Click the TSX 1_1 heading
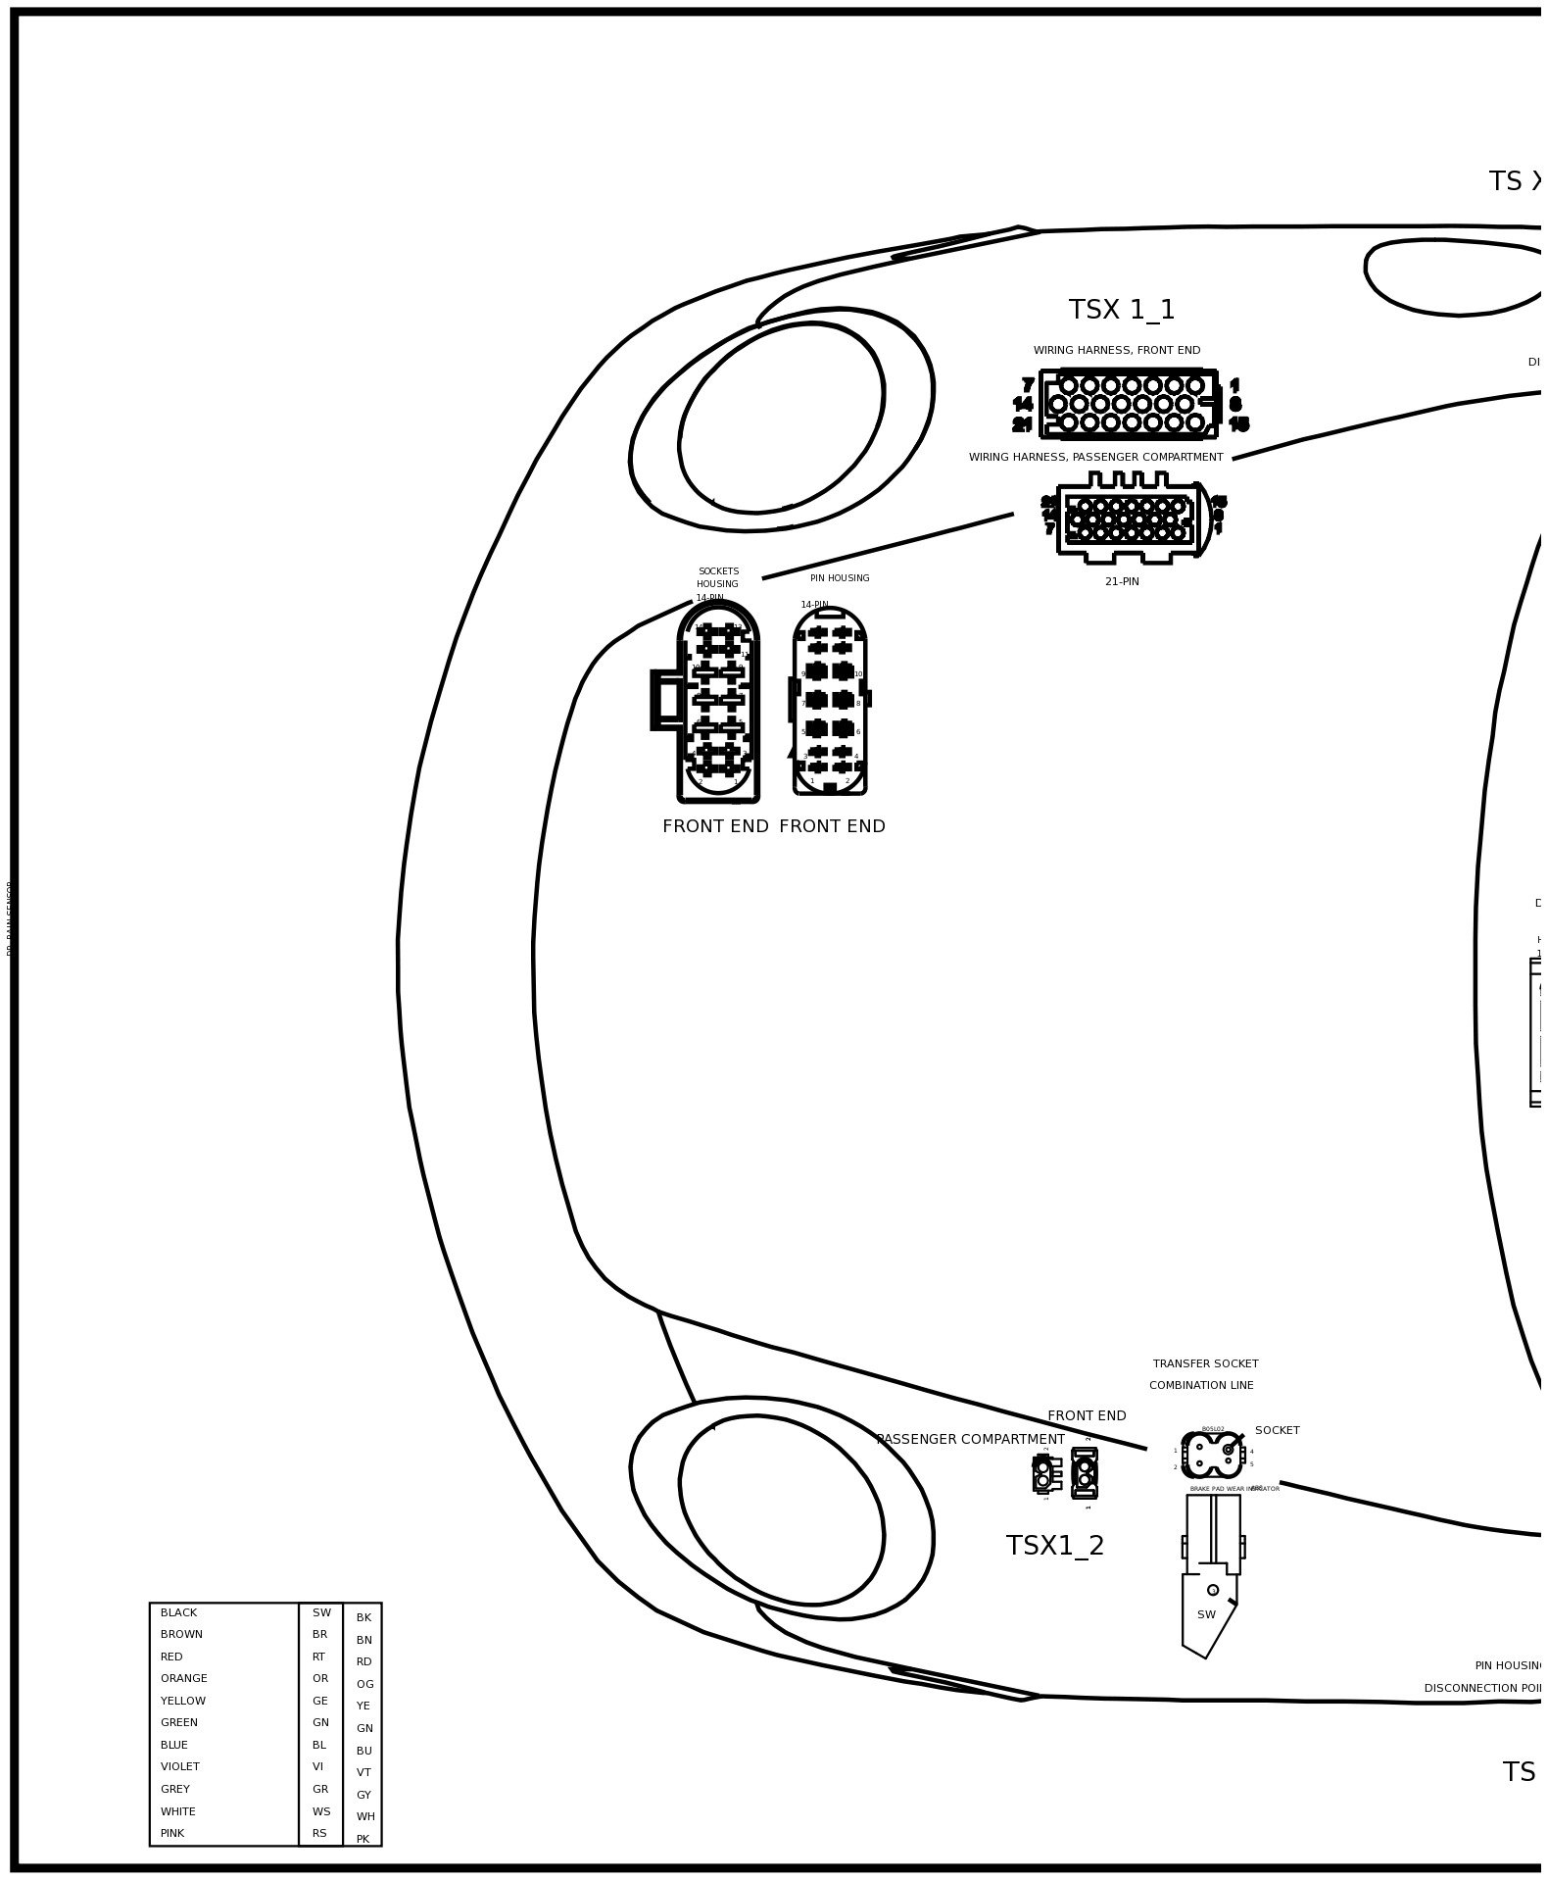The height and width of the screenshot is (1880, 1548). (1121, 311)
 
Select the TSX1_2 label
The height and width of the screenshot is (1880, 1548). (1054, 1546)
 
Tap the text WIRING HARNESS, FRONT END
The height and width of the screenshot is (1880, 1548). (1116, 351)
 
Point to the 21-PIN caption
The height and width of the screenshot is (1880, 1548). (1122, 582)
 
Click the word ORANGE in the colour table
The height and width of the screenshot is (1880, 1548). (183, 1679)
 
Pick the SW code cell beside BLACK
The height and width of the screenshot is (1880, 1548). (321, 1613)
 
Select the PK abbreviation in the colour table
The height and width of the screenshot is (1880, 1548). (363, 1839)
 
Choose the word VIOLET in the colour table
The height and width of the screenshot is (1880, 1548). (179, 1767)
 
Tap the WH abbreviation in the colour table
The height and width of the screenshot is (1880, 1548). (365, 1816)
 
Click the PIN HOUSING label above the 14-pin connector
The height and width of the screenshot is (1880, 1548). (839, 578)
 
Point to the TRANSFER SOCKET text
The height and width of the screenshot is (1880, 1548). (1205, 1364)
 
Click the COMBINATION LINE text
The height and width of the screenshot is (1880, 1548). (1200, 1386)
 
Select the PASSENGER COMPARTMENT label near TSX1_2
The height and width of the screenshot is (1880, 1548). (970, 1440)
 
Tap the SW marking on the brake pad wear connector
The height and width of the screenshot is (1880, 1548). (1205, 1614)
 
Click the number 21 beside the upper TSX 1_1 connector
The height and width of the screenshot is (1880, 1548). (1022, 425)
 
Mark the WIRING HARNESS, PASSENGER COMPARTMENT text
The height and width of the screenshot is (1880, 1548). (1095, 458)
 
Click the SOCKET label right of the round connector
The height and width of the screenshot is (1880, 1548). (1277, 1431)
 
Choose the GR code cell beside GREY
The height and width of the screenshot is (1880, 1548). (319, 1789)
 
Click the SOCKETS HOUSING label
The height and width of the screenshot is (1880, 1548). (718, 578)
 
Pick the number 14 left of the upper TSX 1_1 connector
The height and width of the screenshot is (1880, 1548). (1022, 405)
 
